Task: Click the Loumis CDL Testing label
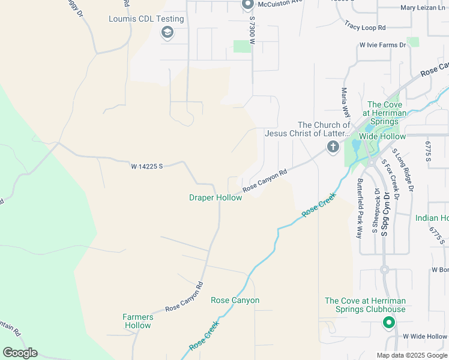click(x=146, y=19)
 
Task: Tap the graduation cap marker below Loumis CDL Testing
click(x=167, y=32)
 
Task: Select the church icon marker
click(x=333, y=146)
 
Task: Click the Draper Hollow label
click(x=215, y=197)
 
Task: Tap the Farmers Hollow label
click(x=137, y=321)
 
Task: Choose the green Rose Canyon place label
click(x=235, y=300)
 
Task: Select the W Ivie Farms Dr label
click(x=382, y=45)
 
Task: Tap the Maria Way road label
click(x=345, y=103)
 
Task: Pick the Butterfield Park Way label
click(x=360, y=208)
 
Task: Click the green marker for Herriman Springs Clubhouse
click(x=388, y=323)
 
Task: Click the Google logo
click(x=20, y=353)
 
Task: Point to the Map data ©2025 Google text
click(x=411, y=355)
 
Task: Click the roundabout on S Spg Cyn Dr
click(x=384, y=269)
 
